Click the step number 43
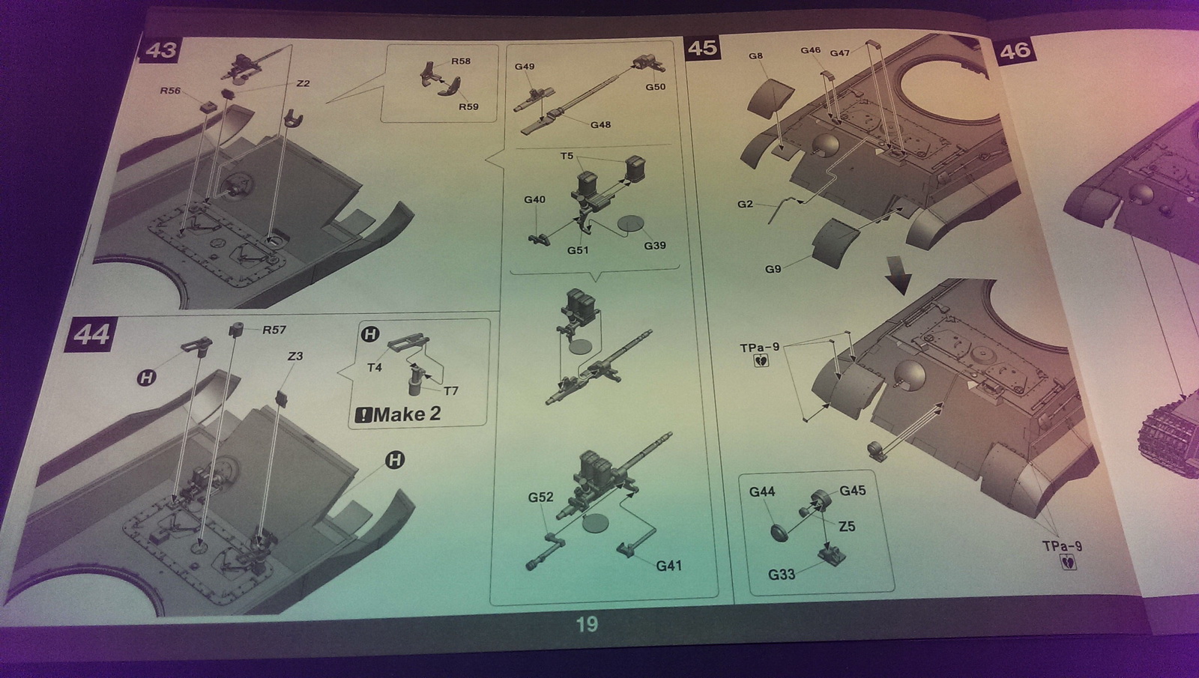point(160,50)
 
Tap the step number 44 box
point(92,334)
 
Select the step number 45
point(702,48)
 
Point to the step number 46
point(1015,50)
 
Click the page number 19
point(587,624)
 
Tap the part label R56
point(170,91)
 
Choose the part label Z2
point(303,83)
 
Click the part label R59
point(468,106)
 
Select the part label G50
point(656,87)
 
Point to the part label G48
point(600,124)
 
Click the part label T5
point(567,156)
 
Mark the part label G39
point(654,245)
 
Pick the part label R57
point(274,330)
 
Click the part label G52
point(540,497)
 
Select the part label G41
point(668,566)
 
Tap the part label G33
point(782,575)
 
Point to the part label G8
point(755,56)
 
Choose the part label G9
point(773,269)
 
